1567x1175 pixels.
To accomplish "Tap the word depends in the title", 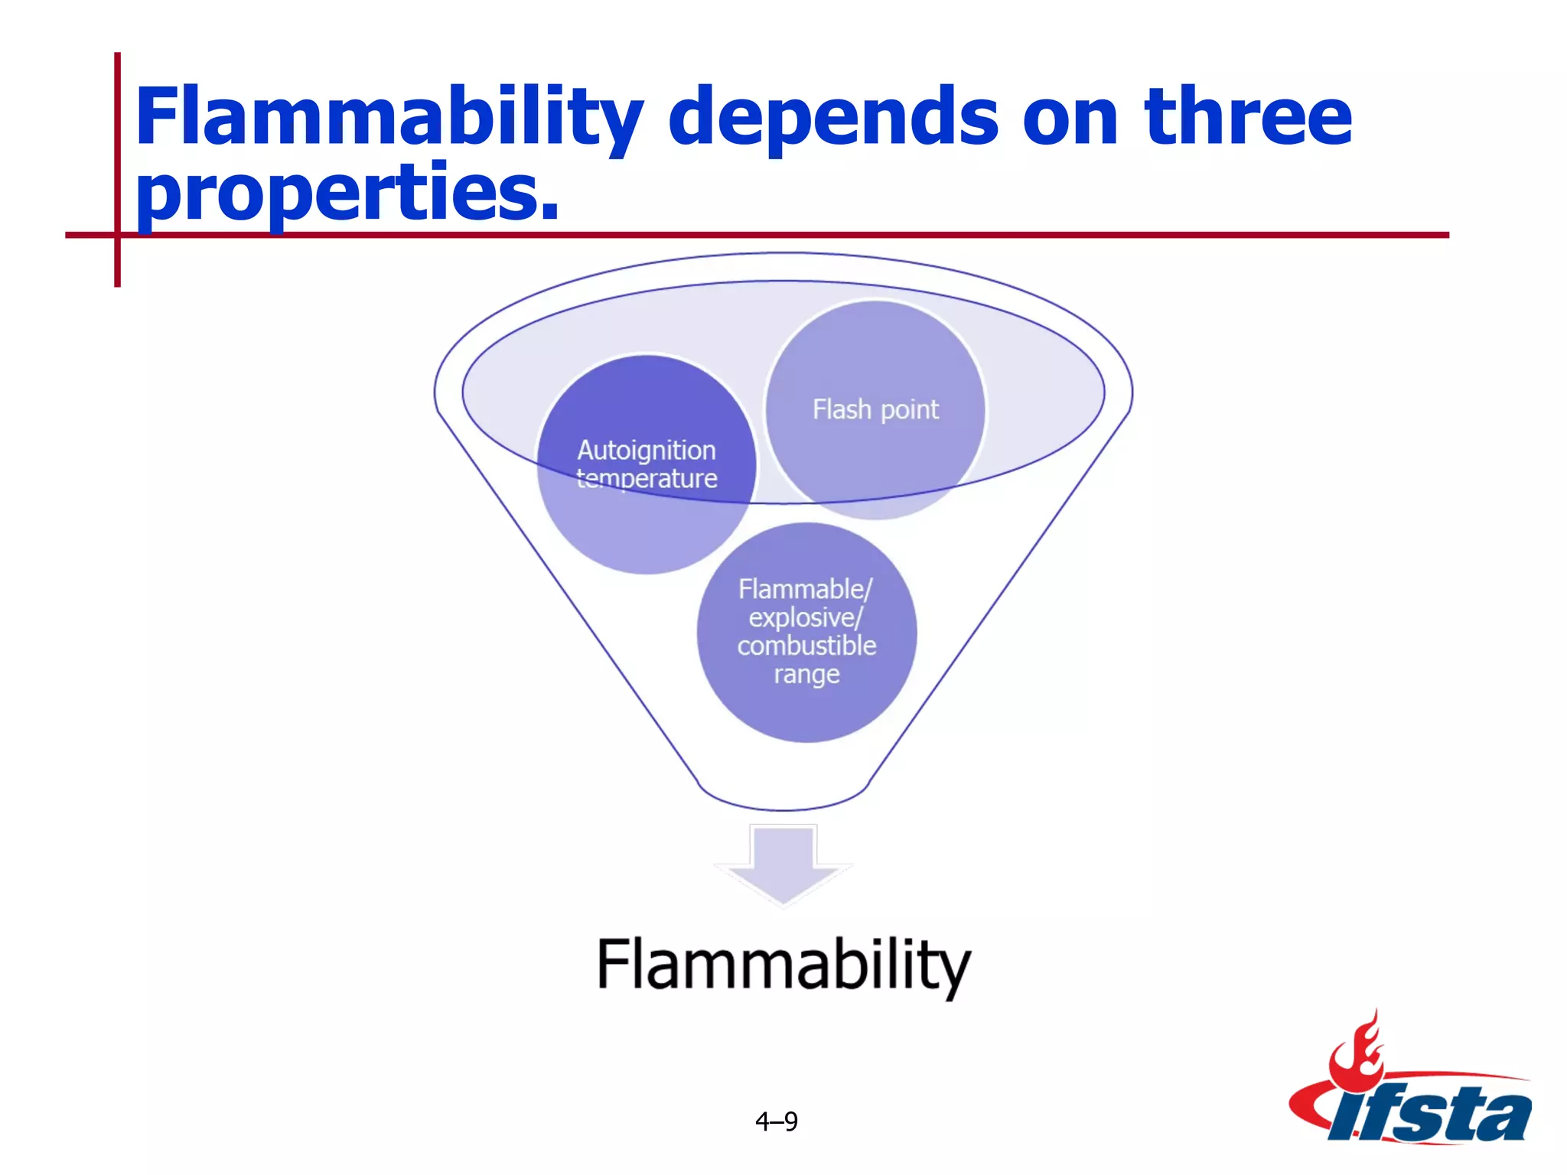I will (x=832, y=119).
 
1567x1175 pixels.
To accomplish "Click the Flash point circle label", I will (x=875, y=410).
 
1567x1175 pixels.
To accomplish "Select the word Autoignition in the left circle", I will (x=647, y=451).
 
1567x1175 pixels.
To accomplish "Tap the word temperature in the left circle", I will (x=647, y=479).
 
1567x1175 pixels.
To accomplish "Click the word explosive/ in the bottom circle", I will (x=806, y=617).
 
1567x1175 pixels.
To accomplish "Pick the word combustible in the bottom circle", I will (x=806, y=646).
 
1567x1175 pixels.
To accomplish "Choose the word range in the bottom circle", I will (x=806, y=675).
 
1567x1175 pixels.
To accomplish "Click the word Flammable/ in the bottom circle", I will (x=805, y=589).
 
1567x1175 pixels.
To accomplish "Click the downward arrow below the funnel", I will (x=783, y=864).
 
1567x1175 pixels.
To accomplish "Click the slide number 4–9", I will (x=777, y=1121).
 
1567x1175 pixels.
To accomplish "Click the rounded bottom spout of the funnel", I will (x=783, y=799).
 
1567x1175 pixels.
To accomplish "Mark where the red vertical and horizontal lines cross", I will (x=117, y=235).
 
